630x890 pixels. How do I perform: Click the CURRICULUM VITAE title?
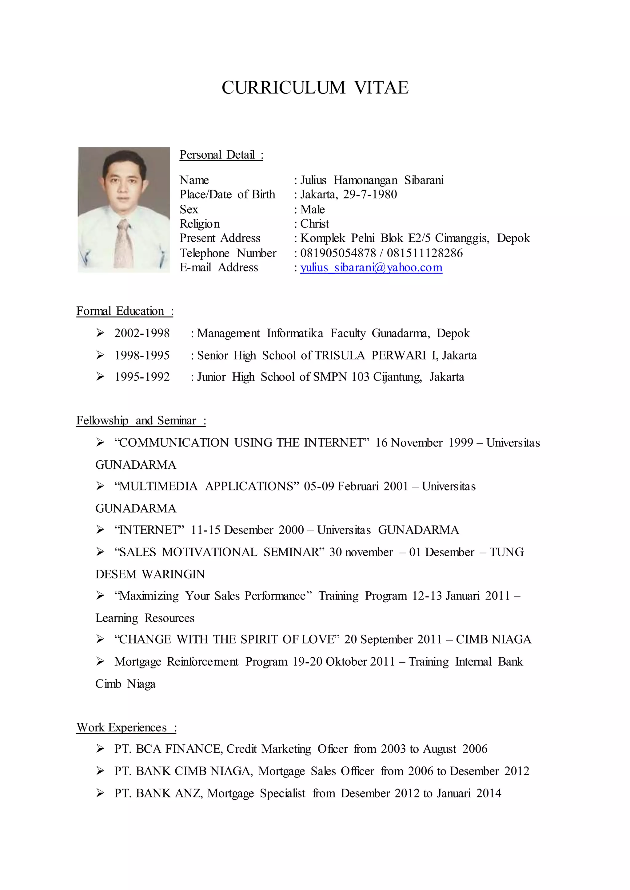click(315, 88)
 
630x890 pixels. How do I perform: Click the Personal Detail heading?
click(221, 155)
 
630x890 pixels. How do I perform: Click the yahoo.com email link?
click(371, 267)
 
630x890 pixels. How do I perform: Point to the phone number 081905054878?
click(338, 253)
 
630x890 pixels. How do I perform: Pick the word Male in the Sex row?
click(312, 209)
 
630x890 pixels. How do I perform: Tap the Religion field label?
click(199, 224)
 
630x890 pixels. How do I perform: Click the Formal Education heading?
click(125, 311)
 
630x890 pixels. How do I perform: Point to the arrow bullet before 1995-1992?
click(100, 376)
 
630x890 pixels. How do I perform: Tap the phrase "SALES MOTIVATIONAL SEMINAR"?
click(219, 552)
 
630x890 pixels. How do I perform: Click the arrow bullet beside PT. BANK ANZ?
click(100, 793)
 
